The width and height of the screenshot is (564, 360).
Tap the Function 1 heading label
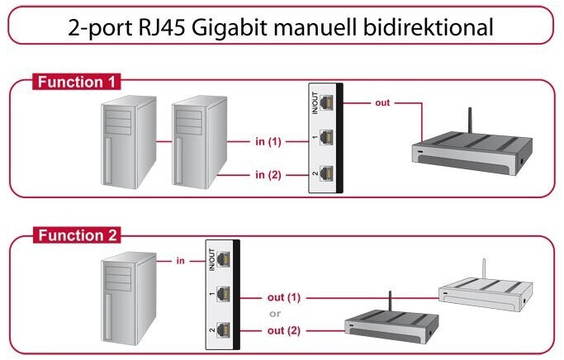77,82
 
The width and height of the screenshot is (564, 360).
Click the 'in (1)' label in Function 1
268,142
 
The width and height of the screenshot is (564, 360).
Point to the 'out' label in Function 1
382,103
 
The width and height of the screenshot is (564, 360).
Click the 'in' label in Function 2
180,261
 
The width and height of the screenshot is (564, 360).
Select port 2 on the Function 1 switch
327,173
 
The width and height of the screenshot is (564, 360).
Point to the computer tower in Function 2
128,296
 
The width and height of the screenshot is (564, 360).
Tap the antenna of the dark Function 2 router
388,303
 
